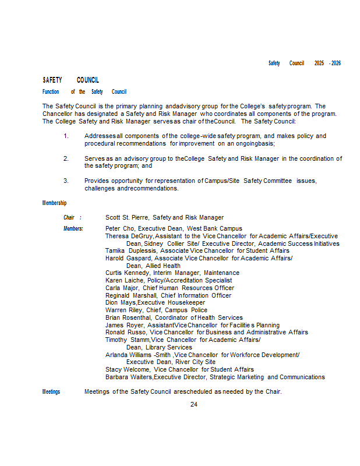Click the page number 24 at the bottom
click(x=194, y=404)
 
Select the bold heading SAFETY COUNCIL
click(x=70, y=80)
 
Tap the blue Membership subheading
click(x=54, y=203)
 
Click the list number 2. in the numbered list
click(x=66, y=158)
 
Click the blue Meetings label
click(x=51, y=391)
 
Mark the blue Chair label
click(x=69, y=217)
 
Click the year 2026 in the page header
click(x=336, y=63)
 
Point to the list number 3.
click(x=66, y=181)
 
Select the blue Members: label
click(x=73, y=228)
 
